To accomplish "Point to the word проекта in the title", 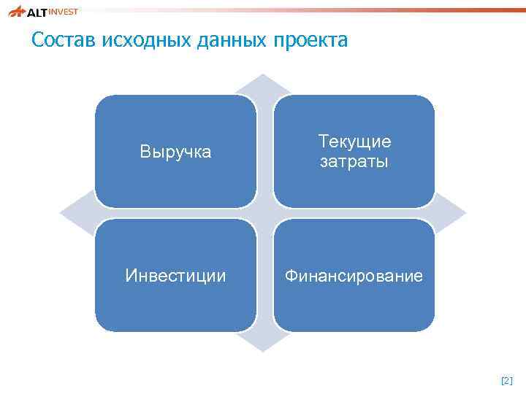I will tap(310, 40).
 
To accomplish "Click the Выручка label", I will tap(175, 152).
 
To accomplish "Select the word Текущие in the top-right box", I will tap(354, 142).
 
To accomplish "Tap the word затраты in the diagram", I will tap(354, 161).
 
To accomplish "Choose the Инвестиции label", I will tap(175, 276).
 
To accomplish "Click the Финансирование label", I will tap(354, 276).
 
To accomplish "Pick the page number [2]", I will tap(507, 381).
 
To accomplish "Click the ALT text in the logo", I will tap(35, 12).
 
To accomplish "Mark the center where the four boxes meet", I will tap(264, 213).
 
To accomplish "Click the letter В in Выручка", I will tap(145, 152).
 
